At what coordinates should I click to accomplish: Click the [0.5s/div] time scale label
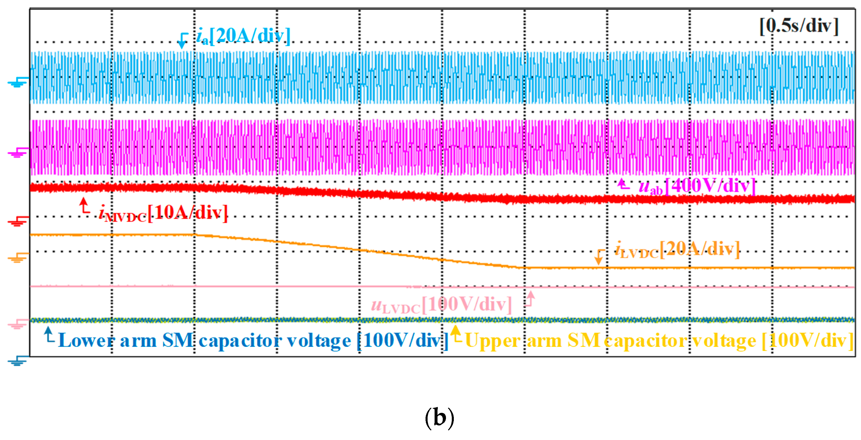(799, 26)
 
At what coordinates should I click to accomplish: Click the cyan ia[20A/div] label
(243, 36)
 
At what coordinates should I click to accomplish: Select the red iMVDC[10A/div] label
(163, 213)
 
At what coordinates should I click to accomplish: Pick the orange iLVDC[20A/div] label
(677, 250)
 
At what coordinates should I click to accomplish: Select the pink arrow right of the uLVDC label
(530, 298)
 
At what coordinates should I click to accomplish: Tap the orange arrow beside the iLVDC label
(599, 257)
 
